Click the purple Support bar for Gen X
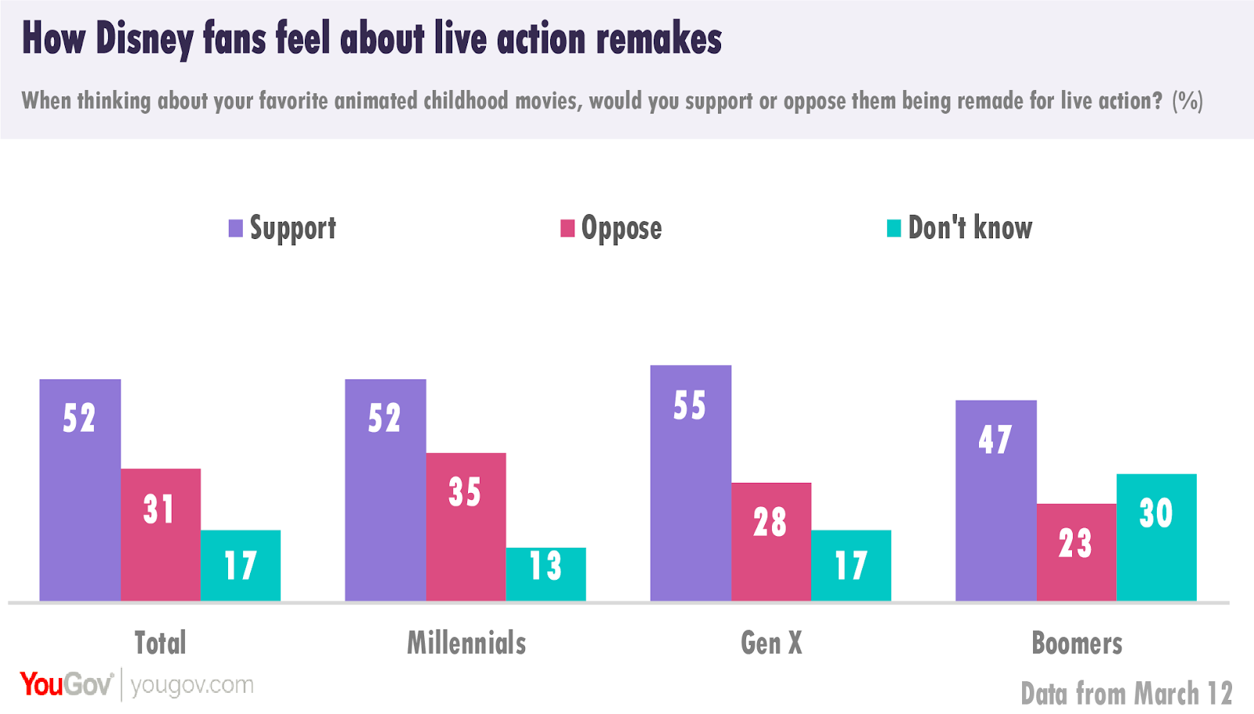[x=690, y=483]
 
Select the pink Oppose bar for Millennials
[x=466, y=527]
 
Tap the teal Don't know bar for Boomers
[x=1156, y=538]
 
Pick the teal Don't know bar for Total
[x=240, y=566]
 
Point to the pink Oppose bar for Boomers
[x=1076, y=553]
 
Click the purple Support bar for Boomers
[x=995, y=501]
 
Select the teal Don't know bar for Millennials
[x=545, y=574]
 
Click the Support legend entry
[x=282, y=228]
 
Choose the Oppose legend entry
[x=611, y=228]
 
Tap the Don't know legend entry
[x=959, y=228]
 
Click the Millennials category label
[x=466, y=643]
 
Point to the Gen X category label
[x=771, y=643]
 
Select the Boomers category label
[x=1077, y=643]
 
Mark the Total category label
[x=160, y=643]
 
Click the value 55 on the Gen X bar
[x=690, y=406]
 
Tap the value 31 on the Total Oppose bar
[x=159, y=509]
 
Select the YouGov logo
[x=67, y=684]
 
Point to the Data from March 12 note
[x=1126, y=694]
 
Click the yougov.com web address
[x=192, y=685]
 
